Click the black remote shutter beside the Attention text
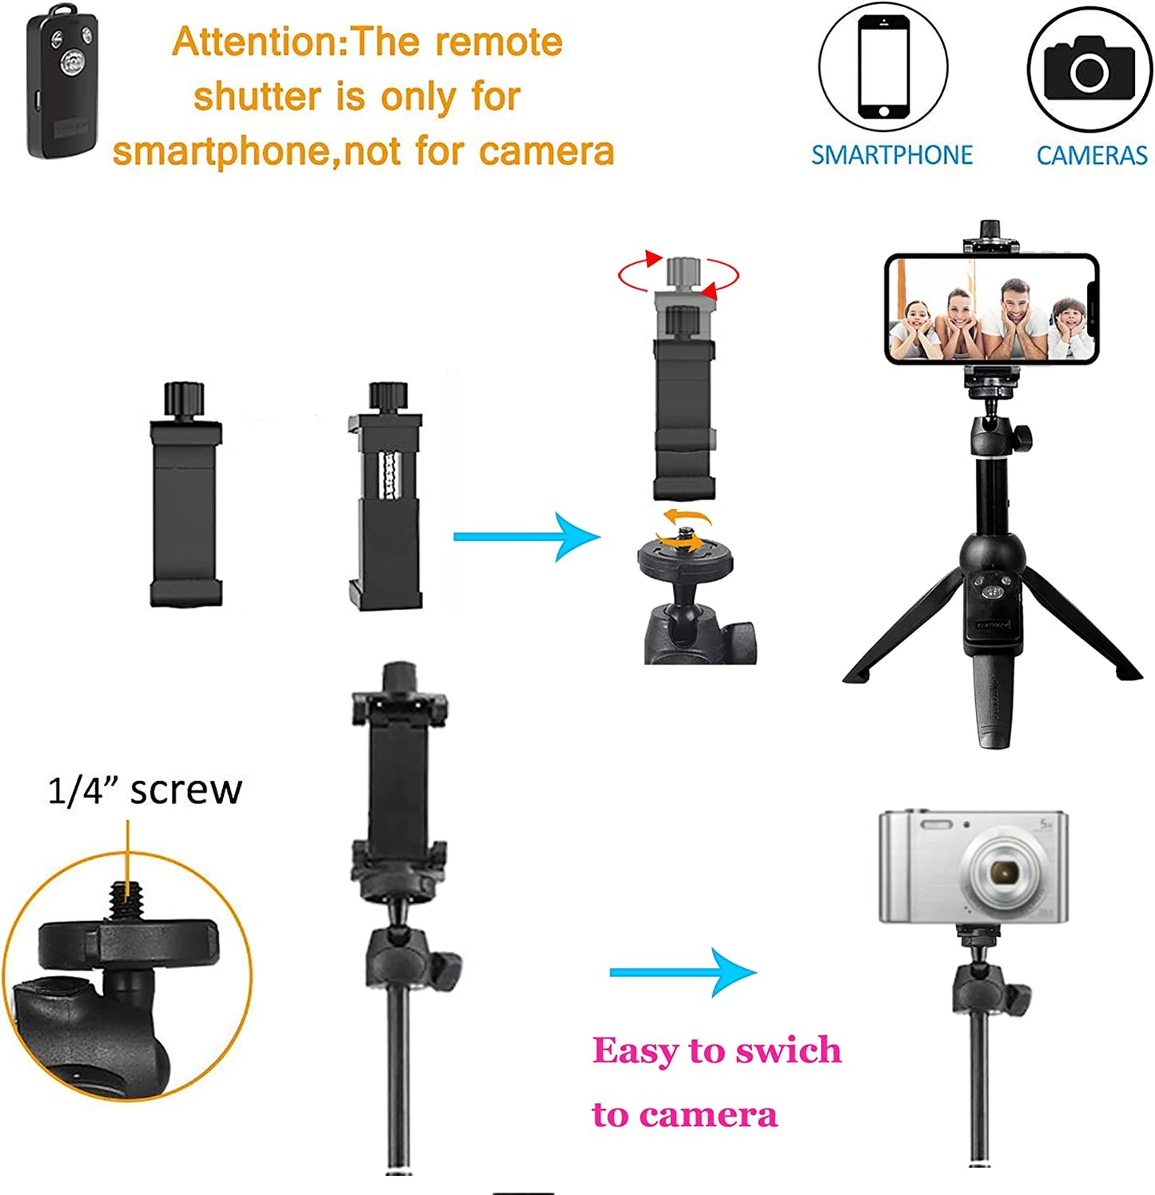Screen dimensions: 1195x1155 click(62, 83)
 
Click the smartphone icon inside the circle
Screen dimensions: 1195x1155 click(883, 67)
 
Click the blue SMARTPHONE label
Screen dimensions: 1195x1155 click(891, 155)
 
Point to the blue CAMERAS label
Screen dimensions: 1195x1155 click(1091, 155)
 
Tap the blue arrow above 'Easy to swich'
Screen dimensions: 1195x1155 click(683, 972)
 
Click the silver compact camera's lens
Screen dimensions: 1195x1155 click(1002, 870)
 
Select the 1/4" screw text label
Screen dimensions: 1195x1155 click(144, 790)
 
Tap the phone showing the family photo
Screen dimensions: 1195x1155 click(991, 309)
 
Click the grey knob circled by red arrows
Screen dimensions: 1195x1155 click(683, 272)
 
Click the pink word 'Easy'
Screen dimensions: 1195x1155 click(635, 1050)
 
